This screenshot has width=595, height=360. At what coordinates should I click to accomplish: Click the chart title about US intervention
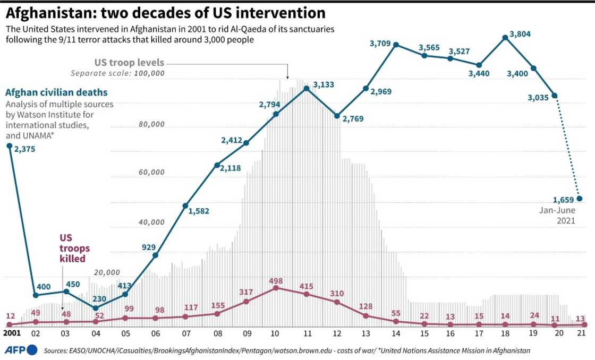coord(166,12)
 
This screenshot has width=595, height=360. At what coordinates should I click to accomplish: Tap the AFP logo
coord(21,349)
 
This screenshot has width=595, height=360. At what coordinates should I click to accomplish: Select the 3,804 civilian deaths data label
coord(520,35)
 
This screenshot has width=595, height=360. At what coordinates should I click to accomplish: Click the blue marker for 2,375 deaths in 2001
coord(9,145)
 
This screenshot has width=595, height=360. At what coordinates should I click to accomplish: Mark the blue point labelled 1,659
coord(580,199)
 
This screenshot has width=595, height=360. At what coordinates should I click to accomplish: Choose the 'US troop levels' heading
coord(129,63)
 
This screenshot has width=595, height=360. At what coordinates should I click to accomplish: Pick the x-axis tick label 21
coord(582,333)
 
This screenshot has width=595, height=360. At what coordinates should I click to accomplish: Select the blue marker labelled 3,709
coord(396,45)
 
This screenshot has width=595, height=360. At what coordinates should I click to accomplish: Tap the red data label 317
coord(246,292)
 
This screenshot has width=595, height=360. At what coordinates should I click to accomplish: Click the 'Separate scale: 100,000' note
coord(117,73)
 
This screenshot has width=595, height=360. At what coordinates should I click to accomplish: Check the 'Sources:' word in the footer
coord(56,351)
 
